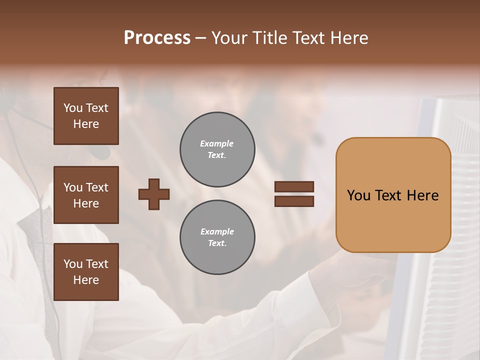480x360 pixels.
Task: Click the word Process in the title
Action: tap(157, 38)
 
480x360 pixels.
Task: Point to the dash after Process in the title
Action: tap(201, 39)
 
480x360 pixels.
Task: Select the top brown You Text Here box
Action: tap(86, 116)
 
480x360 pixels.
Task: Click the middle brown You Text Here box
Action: tap(86, 195)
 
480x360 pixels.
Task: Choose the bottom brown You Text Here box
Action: tap(86, 272)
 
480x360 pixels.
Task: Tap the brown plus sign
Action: tap(154, 194)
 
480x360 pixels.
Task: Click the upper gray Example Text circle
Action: tap(217, 149)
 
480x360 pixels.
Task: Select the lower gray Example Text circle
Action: tap(217, 237)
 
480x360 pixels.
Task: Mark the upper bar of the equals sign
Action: tap(294, 186)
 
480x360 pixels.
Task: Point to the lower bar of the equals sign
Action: tap(294, 201)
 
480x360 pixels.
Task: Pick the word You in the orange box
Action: tap(358, 195)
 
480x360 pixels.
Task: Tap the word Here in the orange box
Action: tap(422, 195)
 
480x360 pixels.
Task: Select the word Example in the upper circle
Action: tap(217, 143)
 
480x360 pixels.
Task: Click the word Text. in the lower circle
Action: tap(217, 243)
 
